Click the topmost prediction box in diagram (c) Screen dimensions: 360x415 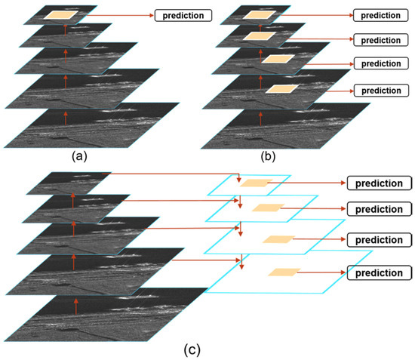[379, 183]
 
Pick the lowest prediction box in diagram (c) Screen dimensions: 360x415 [379, 272]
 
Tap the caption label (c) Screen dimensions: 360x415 [192, 348]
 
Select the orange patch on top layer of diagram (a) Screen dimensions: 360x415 [63, 14]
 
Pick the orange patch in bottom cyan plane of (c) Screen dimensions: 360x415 [284, 272]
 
